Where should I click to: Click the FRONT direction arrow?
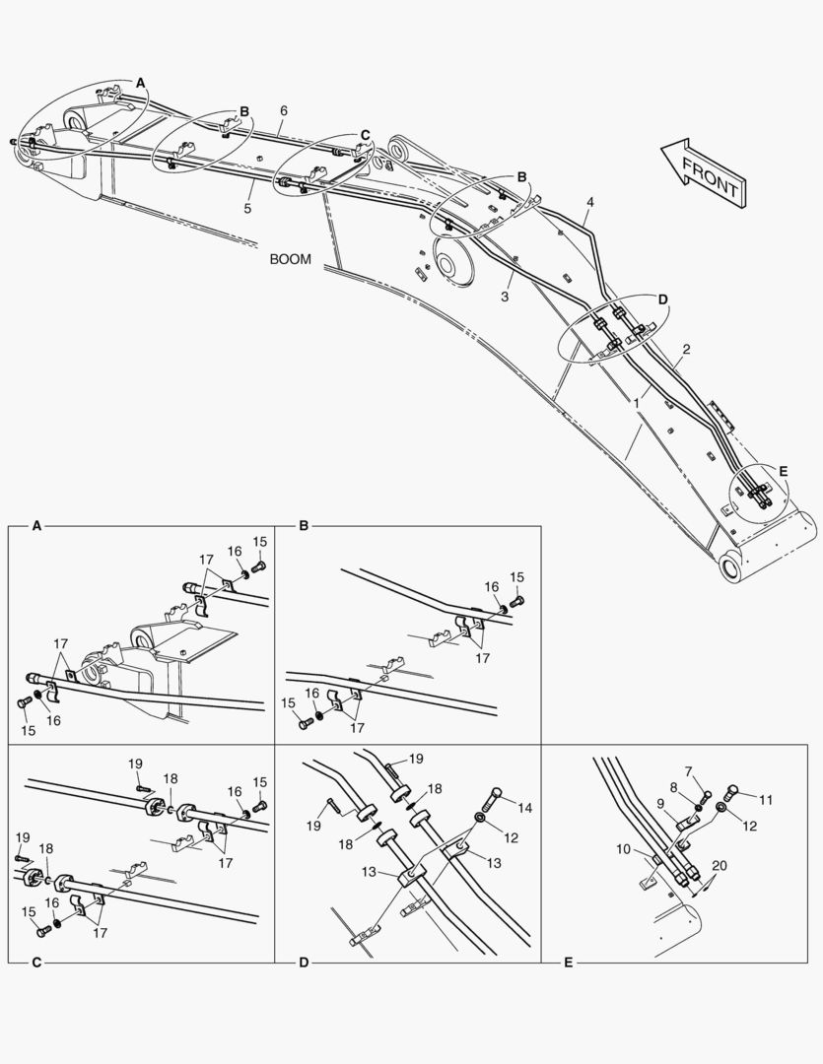tap(703, 171)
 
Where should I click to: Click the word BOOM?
tap(290, 260)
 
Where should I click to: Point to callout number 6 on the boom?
tap(283, 110)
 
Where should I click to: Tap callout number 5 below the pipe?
tap(247, 208)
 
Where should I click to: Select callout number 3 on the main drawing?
tap(505, 295)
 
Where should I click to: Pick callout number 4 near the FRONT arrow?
tap(590, 203)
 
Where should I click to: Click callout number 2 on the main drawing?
tap(686, 349)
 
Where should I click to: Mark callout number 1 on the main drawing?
tap(638, 403)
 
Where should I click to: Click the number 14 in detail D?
tap(524, 808)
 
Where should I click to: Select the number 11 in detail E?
tap(765, 799)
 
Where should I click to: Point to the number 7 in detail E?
tap(689, 771)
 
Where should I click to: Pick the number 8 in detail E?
tap(673, 787)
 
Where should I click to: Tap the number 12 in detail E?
tap(750, 826)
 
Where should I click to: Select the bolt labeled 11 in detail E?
tap(732, 789)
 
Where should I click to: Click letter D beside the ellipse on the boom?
tap(662, 299)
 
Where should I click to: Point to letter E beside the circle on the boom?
tap(783, 472)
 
